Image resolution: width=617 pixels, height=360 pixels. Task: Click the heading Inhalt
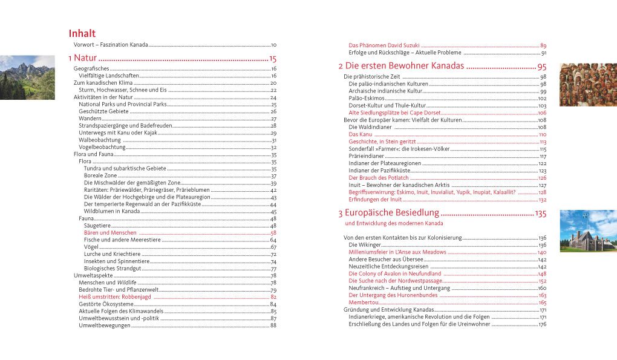(82, 33)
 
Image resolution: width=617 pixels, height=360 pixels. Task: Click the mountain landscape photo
(27, 77)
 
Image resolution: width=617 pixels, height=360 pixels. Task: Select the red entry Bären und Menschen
(110, 233)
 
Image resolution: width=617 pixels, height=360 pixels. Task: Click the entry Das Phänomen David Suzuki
(384, 46)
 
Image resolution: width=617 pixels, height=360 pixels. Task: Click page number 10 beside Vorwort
(273, 45)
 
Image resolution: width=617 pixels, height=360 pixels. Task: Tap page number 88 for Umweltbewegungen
(273, 326)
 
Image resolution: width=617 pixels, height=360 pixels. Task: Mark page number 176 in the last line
(542, 324)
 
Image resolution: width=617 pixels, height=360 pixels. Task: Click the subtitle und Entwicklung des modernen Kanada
(390, 224)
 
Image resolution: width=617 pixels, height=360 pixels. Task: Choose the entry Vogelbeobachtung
(102, 147)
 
